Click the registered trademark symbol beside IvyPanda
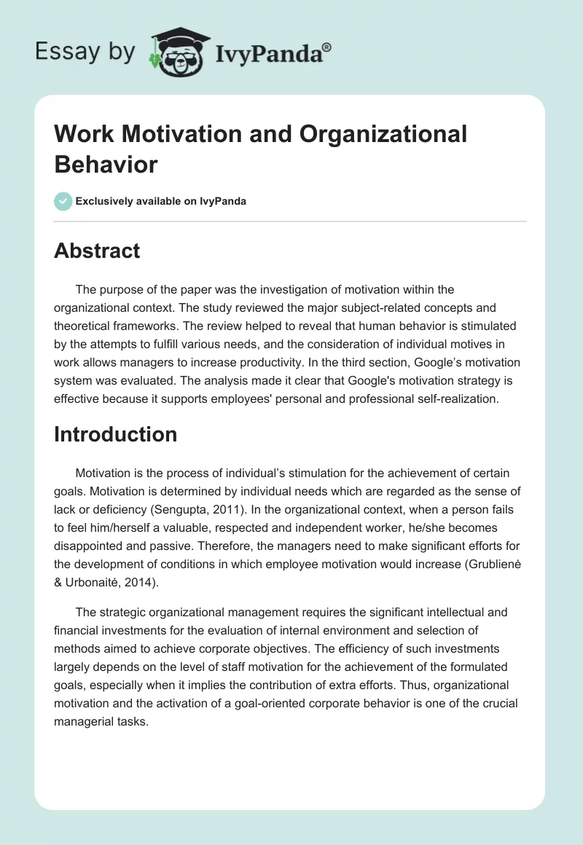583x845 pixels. click(327, 47)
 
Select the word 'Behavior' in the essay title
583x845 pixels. click(106, 165)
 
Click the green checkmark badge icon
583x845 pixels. click(63, 201)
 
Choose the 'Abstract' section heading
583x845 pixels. click(97, 251)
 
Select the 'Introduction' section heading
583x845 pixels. click(115, 434)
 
